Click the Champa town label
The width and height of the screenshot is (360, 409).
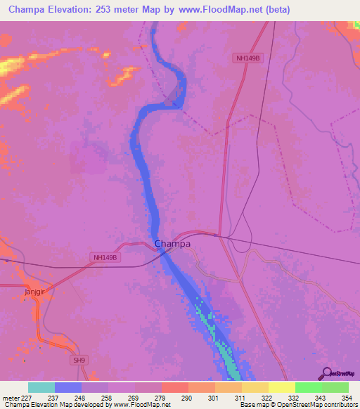172,244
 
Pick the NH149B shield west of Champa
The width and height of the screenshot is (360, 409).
108,258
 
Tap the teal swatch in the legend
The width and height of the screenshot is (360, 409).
41,387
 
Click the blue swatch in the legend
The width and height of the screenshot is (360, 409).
68,387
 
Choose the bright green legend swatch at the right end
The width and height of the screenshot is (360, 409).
335,387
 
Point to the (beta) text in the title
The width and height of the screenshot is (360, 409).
274,10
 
